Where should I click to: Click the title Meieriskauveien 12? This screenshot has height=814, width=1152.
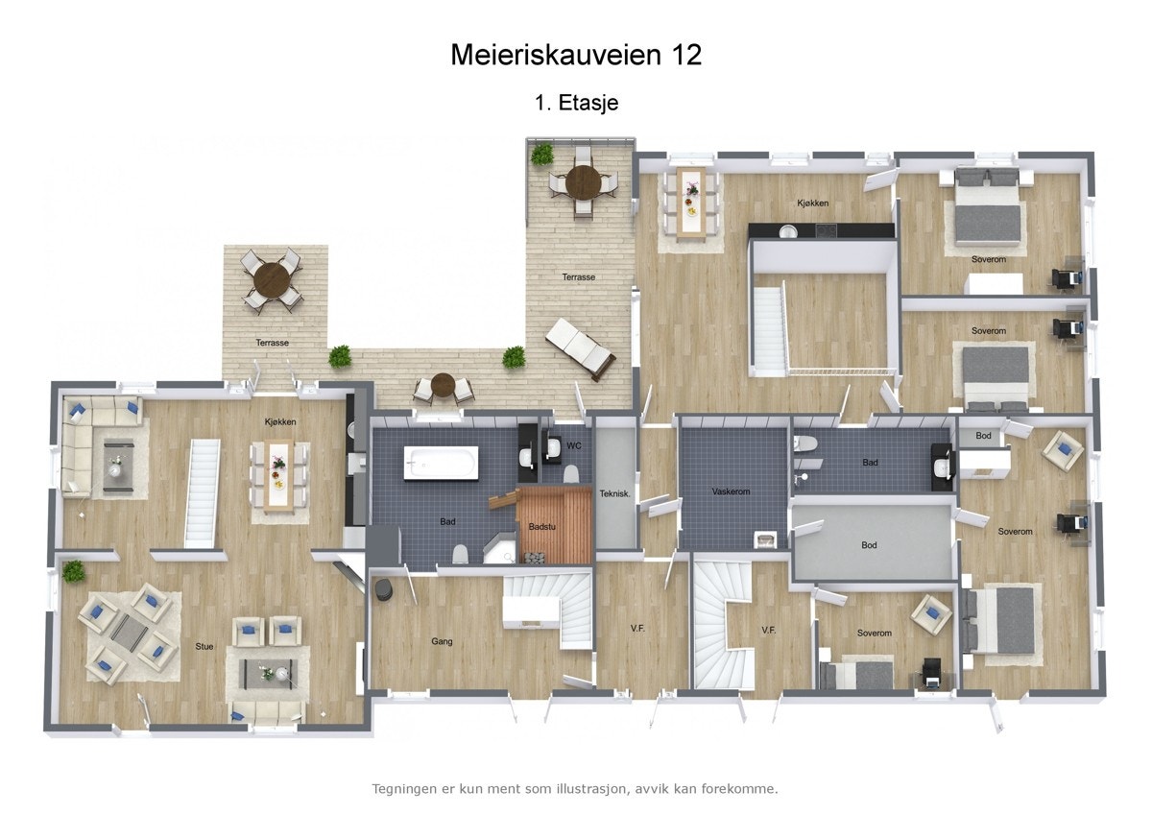(x=576, y=55)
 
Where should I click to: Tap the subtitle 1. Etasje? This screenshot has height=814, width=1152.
(x=576, y=103)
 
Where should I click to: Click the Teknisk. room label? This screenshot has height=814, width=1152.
(x=614, y=493)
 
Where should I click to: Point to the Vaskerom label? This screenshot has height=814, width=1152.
(x=731, y=491)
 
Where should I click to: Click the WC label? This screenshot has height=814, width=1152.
(x=574, y=445)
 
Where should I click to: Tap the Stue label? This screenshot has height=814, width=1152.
(x=204, y=646)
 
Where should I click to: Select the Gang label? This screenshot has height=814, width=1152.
(x=442, y=641)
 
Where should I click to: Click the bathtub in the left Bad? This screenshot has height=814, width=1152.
(x=441, y=463)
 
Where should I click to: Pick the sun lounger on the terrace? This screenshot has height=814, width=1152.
(x=580, y=349)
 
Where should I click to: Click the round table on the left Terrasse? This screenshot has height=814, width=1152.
(x=273, y=280)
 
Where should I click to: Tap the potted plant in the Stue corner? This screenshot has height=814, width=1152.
(x=73, y=572)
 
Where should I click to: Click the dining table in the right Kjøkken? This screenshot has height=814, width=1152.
(x=690, y=202)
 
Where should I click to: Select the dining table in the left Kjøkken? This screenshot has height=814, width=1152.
(x=279, y=475)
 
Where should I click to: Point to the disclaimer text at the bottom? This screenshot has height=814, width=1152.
(x=574, y=789)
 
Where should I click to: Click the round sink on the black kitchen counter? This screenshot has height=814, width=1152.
(x=787, y=230)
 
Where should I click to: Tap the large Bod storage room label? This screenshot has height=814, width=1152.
(x=869, y=545)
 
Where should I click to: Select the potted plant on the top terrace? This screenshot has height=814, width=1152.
(x=542, y=154)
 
